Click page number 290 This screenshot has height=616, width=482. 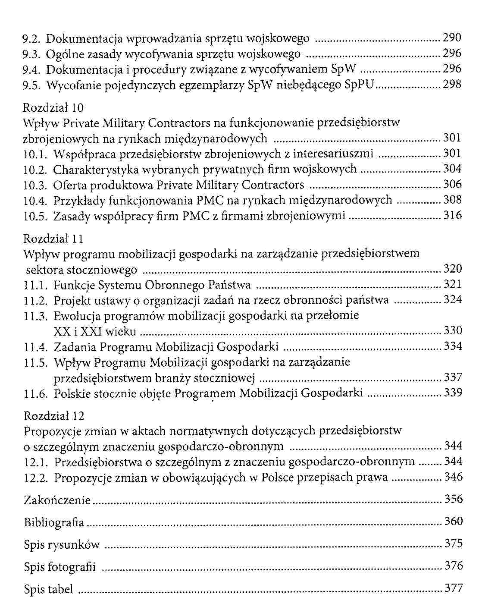452,38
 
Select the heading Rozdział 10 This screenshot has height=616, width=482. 53,107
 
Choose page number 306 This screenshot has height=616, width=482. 452,185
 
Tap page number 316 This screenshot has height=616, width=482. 452,215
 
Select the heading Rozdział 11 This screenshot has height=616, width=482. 53,239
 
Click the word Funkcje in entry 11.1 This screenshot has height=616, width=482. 74,285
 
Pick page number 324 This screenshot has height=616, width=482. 452,299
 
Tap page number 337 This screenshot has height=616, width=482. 453,377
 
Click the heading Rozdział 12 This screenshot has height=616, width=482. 54,416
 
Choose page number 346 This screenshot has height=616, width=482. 453,477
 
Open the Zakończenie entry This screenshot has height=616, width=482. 57,500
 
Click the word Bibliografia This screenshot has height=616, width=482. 54,522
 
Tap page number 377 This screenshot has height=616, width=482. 454,588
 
